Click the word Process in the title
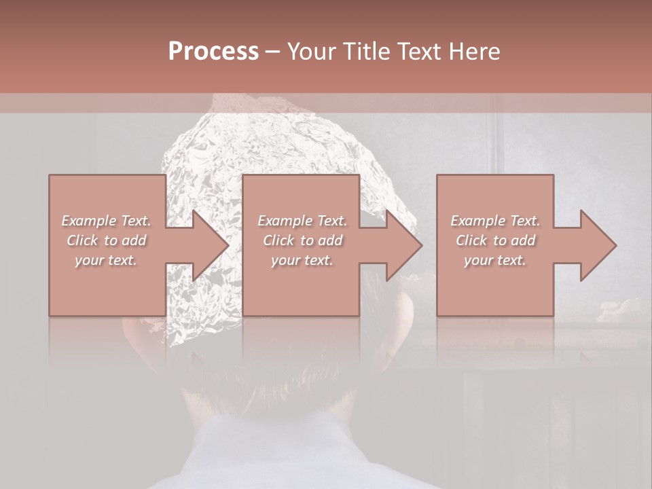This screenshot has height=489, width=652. click(x=213, y=52)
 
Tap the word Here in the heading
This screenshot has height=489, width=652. click(x=473, y=52)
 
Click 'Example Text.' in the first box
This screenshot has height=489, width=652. click(x=106, y=221)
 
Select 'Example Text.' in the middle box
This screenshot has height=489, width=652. click(x=302, y=221)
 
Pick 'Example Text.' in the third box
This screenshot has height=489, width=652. click(x=495, y=221)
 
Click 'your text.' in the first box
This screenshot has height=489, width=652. click(x=106, y=260)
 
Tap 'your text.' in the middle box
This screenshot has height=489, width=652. click(x=302, y=260)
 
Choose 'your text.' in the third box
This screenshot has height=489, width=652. click(x=495, y=260)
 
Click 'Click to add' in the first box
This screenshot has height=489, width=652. click(x=106, y=240)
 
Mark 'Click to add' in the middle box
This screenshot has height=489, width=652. click(x=302, y=240)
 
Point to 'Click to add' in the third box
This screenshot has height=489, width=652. click(x=495, y=240)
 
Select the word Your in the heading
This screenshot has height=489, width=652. click(x=312, y=52)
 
